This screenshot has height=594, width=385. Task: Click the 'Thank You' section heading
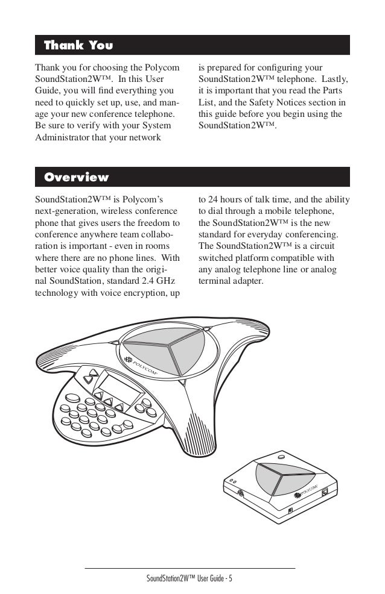tap(78, 45)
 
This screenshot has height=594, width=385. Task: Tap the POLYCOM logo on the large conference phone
tap(140, 365)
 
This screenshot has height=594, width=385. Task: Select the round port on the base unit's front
tap(242, 492)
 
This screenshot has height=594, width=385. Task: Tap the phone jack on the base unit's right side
tap(326, 492)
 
